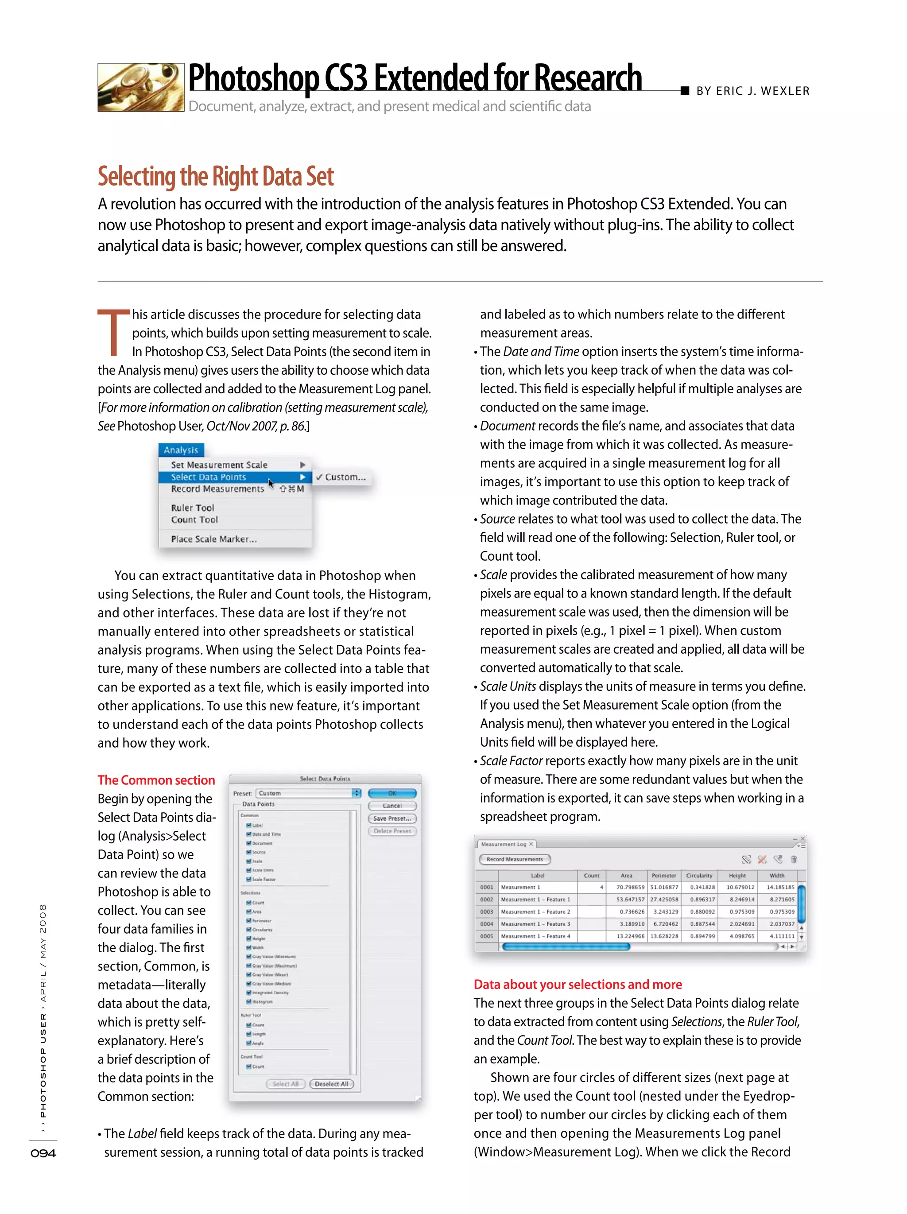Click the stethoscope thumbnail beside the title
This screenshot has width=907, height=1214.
pyautogui.click(x=140, y=87)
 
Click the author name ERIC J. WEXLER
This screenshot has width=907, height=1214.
pyautogui.click(x=762, y=91)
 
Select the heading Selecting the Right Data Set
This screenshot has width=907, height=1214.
pyautogui.click(x=216, y=177)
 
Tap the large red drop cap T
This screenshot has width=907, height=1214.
pyautogui.click(x=113, y=333)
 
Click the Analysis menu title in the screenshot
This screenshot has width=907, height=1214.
pyautogui.click(x=181, y=450)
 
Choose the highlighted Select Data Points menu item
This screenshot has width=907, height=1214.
pyautogui.click(x=209, y=477)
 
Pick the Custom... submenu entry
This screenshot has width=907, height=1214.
pyautogui.click(x=345, y=477)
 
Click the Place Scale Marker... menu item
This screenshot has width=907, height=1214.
pyautogui.click(x=213, y=539)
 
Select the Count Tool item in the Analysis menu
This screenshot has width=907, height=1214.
pyautogui.click(x=194, y=520)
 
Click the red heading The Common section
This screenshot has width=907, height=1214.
pyautogui.click(x=156, y=780)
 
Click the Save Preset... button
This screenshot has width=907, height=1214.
pyautogui.click(x=392, y=818)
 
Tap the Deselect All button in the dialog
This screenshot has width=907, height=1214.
pyautogui.click(x=331, y=1084)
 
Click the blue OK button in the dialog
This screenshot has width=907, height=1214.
pyautogui.click(x=392, y=793)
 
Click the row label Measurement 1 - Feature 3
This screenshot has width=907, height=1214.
pyautogui.click(x=535, y=924)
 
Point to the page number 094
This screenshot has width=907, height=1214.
pyautogui.click(x=43, y=1153)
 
